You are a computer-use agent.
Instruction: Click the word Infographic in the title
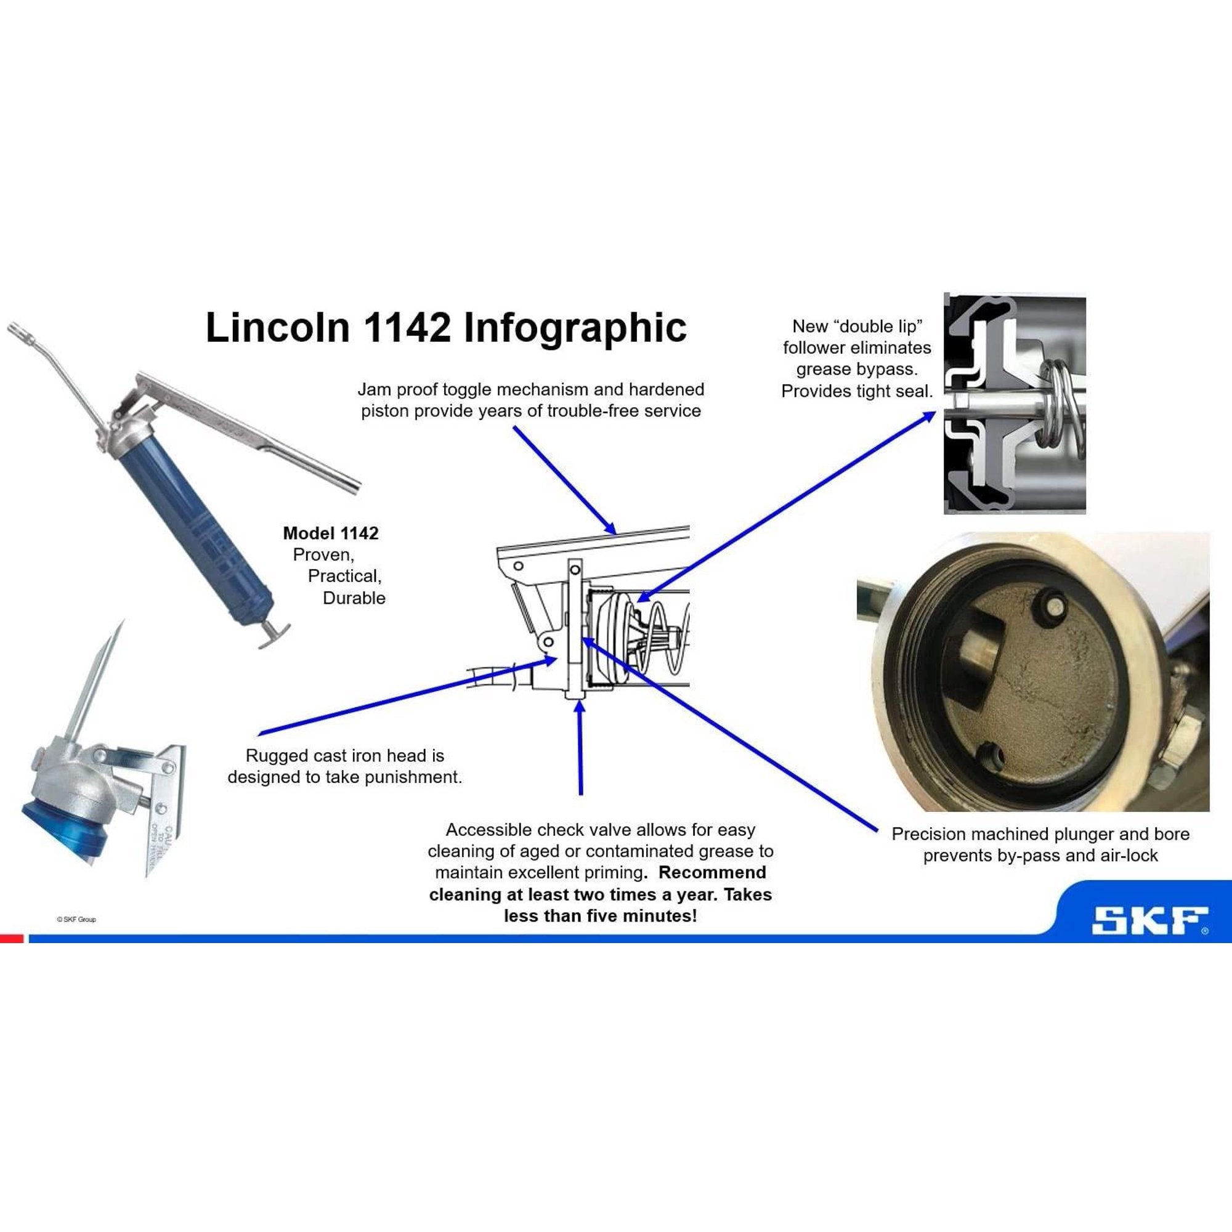575,328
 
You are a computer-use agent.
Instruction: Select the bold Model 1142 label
330,533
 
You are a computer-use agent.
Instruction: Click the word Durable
354,598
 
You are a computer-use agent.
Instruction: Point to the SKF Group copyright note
76,919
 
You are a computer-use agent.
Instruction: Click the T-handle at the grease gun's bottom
274,634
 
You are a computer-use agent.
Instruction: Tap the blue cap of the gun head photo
64,829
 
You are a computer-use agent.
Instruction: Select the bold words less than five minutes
599,917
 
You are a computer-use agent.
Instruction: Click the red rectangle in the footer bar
12,939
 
